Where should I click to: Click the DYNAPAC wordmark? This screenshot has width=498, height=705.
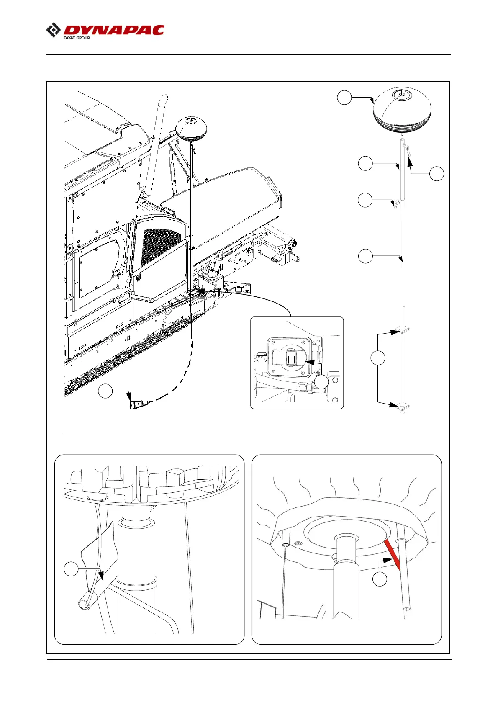point(114,30)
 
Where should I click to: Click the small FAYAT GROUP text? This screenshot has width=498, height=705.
point(77,38)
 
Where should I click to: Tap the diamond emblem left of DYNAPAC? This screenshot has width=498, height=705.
point(53,31)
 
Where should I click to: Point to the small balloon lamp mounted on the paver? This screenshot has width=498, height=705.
point(190,128)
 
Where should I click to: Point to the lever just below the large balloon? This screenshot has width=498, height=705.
point(408,151)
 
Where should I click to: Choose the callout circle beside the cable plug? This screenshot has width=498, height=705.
point(105,391)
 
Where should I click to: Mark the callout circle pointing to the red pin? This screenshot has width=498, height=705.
point(380,579)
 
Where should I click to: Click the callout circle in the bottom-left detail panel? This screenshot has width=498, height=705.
point(71,569)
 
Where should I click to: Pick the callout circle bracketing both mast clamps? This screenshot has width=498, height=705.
point(378,358)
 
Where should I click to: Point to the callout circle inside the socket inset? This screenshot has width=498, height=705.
point(321,382)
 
